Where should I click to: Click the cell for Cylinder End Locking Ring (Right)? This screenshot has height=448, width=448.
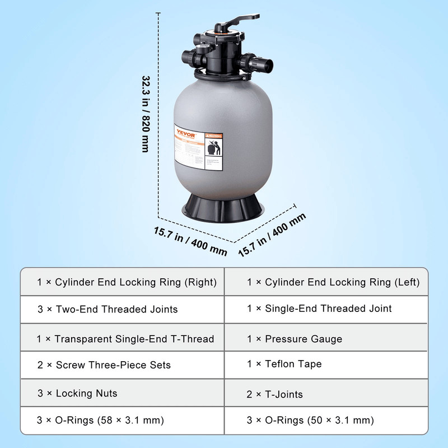(123, 282)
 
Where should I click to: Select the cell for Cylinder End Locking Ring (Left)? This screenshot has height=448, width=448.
(333, 282)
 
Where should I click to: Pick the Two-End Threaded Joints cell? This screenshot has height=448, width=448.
(123, 309)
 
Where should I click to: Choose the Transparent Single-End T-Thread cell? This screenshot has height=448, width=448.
(123, 339)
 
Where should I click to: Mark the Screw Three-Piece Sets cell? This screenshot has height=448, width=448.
(123, 365)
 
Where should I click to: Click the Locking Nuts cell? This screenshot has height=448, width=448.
(123, 393)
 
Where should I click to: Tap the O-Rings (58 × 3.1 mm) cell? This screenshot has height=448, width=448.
(123, 420)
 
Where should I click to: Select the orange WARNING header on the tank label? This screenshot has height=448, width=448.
(214, 135)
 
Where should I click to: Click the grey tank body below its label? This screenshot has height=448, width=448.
(224, 182)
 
